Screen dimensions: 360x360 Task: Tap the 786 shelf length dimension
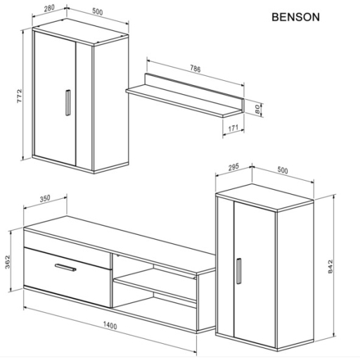coord(195,69)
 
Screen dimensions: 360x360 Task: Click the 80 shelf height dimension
coord(258,109)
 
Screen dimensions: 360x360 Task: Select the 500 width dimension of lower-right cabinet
coord(284,169)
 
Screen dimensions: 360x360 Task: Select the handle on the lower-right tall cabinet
coord(239,271)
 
